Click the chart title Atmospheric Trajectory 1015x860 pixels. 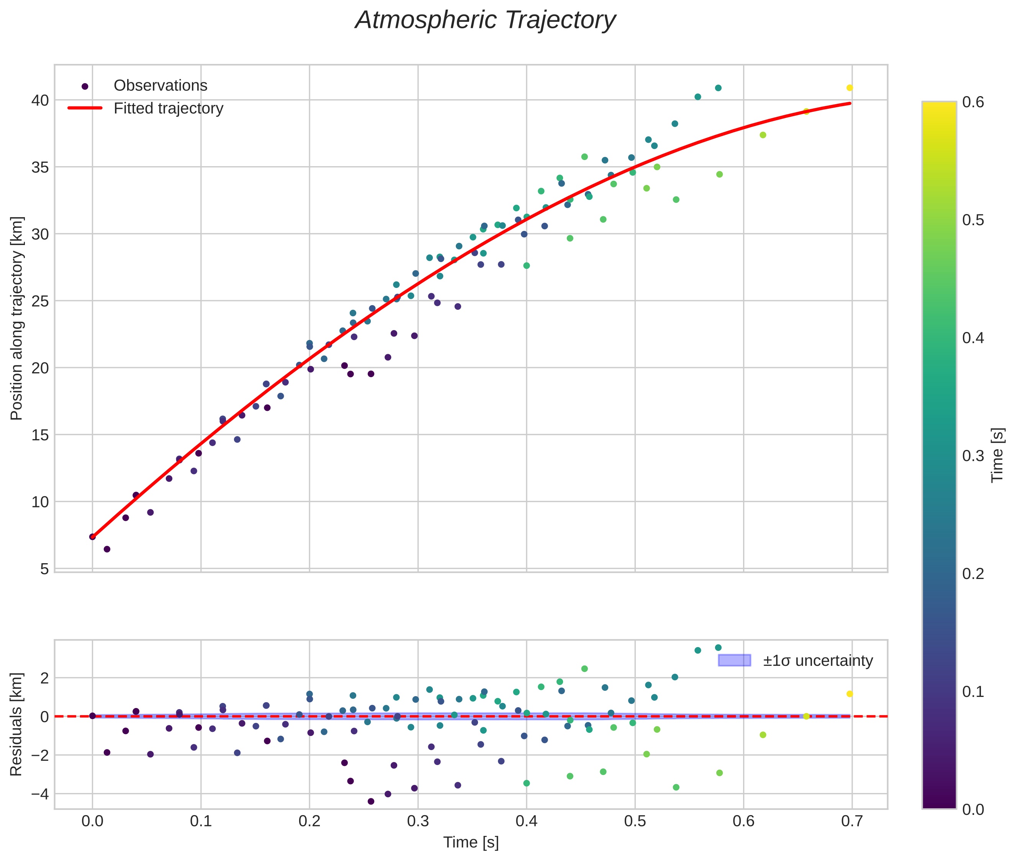tap(485, 20)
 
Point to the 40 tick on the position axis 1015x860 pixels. tap(41, 100)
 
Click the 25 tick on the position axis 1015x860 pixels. tap(41, 301)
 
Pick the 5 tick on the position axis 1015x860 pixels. tap(44, 569)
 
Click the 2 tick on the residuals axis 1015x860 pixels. tap(44, 678)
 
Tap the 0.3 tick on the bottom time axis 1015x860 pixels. tap(417, 821)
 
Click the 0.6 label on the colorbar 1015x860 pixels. tap(972, 102)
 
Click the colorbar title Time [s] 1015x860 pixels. tap(998, 455)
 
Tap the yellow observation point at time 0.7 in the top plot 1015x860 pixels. tap(849, 88)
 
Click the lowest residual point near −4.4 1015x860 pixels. tap(371, 801)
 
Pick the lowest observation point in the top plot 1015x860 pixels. tap(107, 549)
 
